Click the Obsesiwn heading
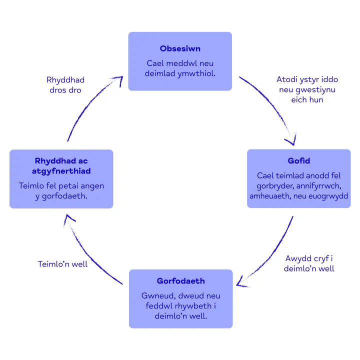pyautogui.click(x=180, y=48)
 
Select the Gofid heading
pyautogui.click(x=299, y=160)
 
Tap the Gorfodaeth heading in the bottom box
pyautogui.click(x=180, y=281)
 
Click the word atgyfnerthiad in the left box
pyautogui.click(x=62, y=171)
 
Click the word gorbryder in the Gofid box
pyautogui.click(x=273, y=186)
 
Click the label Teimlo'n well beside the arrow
pyautogui.click(x=62, y=263)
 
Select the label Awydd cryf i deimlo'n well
pyautogui.click(x=309, y=263)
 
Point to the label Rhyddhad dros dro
pyautogui.click(x=65, y=85)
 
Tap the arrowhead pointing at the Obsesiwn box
pyautogui.click(x=118, y=79)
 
